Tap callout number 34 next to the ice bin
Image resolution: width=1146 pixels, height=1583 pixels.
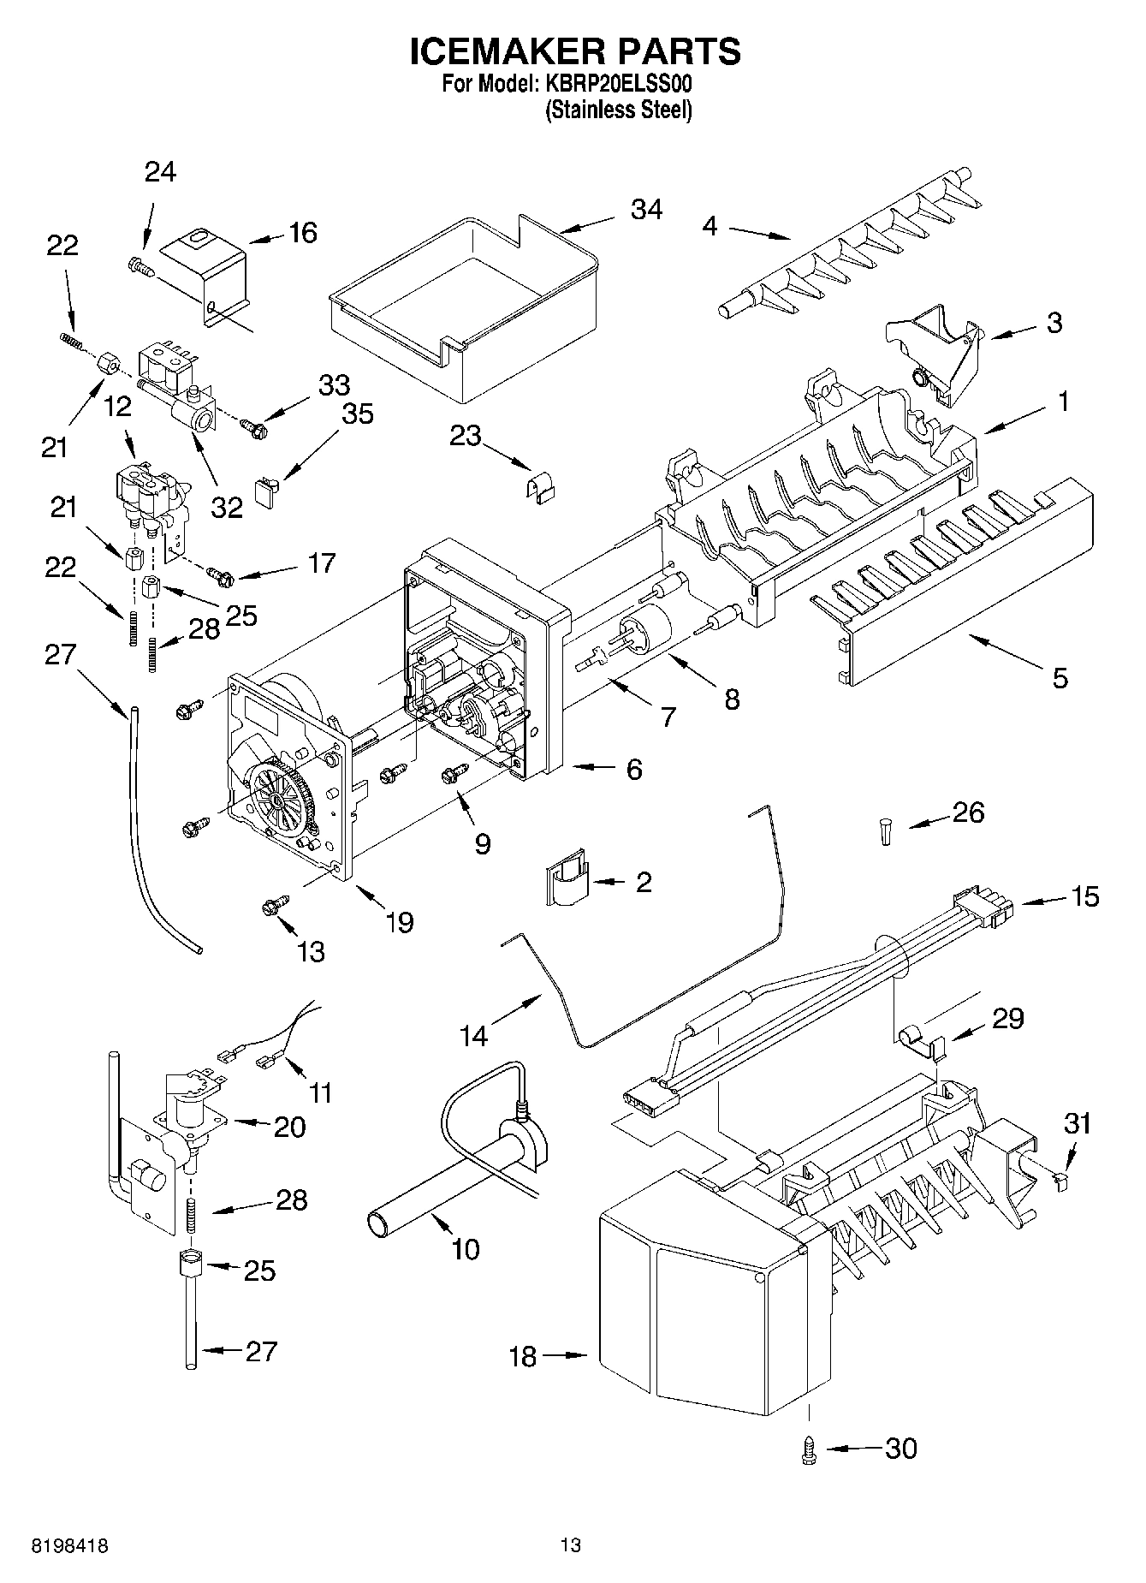(646, 210)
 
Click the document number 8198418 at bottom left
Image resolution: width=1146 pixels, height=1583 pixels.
(69, 1545)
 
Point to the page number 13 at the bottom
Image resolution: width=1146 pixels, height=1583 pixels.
(571, 1545)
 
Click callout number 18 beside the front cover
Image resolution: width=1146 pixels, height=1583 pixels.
(522, 1356)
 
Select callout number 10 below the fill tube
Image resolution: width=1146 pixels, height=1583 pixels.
(465, 1249)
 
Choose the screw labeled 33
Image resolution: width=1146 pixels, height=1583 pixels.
(252, 422)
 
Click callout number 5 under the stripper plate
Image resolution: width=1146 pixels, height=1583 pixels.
(1060, 679)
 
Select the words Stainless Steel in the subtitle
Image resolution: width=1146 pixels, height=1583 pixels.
(619, 110)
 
